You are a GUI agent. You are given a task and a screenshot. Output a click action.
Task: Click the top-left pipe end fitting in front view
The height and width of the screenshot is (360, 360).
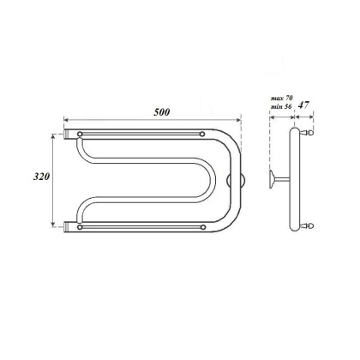pyautogui.click(x=67, y=135)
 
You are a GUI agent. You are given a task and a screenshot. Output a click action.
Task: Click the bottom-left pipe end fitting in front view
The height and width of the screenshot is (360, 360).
pyautogui.click(x=67, y=228)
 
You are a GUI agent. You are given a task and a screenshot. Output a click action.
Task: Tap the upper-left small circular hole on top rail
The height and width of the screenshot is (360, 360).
pyautogui.click(x=81, y=135)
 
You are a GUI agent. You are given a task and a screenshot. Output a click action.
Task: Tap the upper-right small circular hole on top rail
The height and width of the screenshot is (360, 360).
pyautogui.click(x=202, y=135)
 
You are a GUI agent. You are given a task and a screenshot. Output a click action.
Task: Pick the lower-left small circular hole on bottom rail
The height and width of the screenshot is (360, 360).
pyautogui.click(x=81, y=228)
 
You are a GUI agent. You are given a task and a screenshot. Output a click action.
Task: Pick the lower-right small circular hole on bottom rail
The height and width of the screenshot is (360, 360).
pyautogui.click(x=202, y=228)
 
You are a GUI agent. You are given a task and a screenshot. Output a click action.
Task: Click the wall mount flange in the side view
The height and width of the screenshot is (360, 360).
pyautogui.click(x=273, y=180)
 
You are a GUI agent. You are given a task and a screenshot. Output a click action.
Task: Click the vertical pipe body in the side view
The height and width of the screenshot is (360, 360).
pyautogui.click(x=297, y=180)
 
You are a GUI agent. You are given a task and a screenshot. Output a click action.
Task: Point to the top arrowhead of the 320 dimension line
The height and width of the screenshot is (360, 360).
pyautogui.click(x=57, y=137)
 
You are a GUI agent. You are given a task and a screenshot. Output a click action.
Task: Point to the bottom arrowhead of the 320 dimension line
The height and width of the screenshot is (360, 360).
pyautogui.click(x=57, y=225)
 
